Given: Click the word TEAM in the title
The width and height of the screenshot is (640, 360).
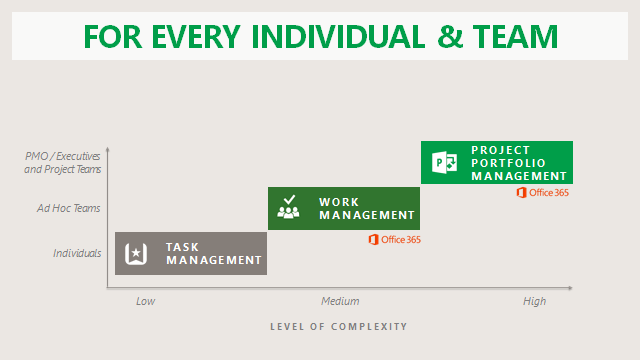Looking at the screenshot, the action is pos(515,37).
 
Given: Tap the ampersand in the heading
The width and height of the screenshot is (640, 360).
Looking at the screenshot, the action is pos(450,37).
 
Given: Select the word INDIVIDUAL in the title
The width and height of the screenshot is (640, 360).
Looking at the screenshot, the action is pos(338,37).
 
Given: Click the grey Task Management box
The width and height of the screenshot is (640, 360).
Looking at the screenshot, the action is pos(191,253).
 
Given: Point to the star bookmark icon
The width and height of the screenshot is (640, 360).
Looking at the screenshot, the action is pos(136,253).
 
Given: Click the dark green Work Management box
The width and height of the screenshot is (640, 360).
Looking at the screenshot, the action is pos(344,208).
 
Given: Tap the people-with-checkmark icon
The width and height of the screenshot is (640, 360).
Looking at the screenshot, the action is pos(288,207).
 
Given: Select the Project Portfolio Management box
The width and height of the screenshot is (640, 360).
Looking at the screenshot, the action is pos(497,162).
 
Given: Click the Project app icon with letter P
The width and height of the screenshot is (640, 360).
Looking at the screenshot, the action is pos(444,162).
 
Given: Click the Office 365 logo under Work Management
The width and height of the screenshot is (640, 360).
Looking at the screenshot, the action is pos(394,240).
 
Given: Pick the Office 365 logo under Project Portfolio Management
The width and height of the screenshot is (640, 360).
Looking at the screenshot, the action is pos(542,193).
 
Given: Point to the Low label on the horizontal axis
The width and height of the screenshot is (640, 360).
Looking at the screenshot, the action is pos(145,301).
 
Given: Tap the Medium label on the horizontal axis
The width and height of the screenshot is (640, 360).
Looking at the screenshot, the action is pos(340,301).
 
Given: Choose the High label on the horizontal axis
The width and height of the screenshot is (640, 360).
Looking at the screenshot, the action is pos(534,302).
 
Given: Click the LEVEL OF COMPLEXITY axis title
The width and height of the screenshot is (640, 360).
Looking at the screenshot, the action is pos(339,327).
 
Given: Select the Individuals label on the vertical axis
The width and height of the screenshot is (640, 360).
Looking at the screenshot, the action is pos(77,253).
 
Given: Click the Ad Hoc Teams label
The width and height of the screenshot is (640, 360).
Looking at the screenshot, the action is pos(69,208).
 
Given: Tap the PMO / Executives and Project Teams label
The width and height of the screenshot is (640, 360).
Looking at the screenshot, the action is pos(62,162).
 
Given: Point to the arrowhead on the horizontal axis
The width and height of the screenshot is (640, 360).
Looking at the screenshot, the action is pos(570,288).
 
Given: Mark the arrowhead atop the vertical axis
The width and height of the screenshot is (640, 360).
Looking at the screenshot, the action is pos(108,149).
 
